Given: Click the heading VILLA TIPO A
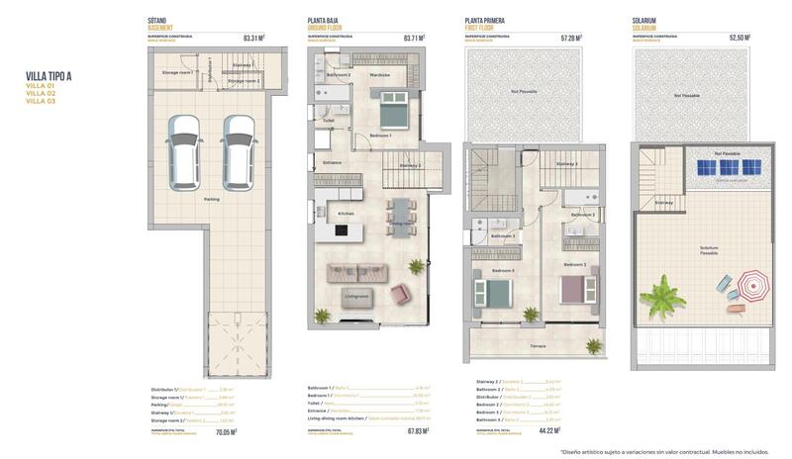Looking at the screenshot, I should tap(49, 75).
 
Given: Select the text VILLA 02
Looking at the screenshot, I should tap(41, 93).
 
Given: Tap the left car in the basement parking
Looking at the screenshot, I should tap(183, 151).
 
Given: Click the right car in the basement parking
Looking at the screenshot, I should tap(238, 151).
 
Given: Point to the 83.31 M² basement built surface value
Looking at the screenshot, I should tap(253, 39).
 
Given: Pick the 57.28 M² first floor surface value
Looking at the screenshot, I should tap(571, 39).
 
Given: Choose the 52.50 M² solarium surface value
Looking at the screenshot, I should tap(740, 39).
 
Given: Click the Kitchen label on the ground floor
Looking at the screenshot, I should tap(346, 213).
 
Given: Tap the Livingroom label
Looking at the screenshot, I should tap(357, 296).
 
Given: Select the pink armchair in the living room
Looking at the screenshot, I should tap(401, 294).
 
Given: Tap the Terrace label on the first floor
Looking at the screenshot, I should tap(538, 346).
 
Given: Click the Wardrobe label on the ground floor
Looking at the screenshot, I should tap(379, 75).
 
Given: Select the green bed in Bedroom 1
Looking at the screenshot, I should tap(393, 104).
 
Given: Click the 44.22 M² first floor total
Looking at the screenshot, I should tap(546, 430).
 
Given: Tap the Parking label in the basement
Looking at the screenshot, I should tap(212, 199).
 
